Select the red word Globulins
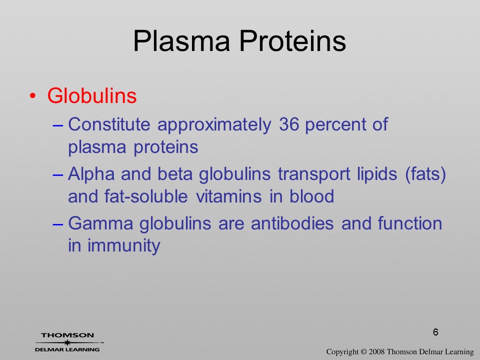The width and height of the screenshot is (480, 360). tap(92, 95)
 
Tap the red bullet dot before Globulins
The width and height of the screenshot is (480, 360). tap(32, 96)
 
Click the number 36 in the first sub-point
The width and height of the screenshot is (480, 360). tap(288, 124)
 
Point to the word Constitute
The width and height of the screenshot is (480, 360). tap(109, 124)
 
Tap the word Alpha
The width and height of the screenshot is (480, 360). tap(91, 174)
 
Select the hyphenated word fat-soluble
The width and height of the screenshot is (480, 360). tap(146, 196)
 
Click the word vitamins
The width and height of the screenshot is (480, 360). tap(228, 196)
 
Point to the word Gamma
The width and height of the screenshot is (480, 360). tap(100, 223)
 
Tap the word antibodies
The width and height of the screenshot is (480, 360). tap(292, 223)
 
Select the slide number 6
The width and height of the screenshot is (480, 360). tap(435, 332)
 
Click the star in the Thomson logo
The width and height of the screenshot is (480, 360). tap(67, 342)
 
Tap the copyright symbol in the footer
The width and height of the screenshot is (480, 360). tap(363, 351)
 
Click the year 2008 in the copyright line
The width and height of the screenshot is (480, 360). tap(376, 351)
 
